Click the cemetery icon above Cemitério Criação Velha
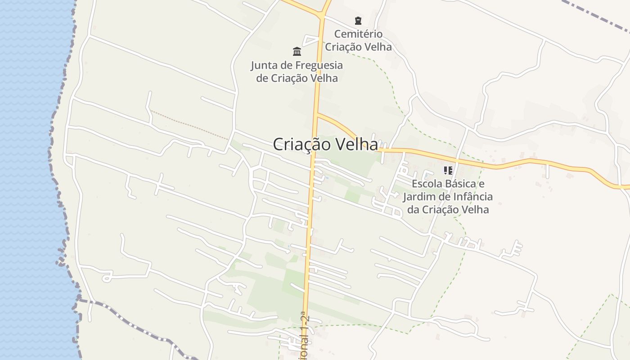click(x=358, y=20)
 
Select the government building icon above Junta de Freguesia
click(x=297, y=51)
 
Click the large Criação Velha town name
click(x=325, y=144)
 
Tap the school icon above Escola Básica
click(x=448, y=171)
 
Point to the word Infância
click(x=473, y=197)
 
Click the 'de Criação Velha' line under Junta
click(x=297, y=78)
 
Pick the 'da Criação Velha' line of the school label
click(x=448, y=210)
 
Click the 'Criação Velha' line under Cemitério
click(x=358, y=47)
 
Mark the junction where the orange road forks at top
click(x=322, y=16)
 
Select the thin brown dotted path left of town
click(x=189, y=124)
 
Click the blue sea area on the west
click(x=27, y=180)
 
